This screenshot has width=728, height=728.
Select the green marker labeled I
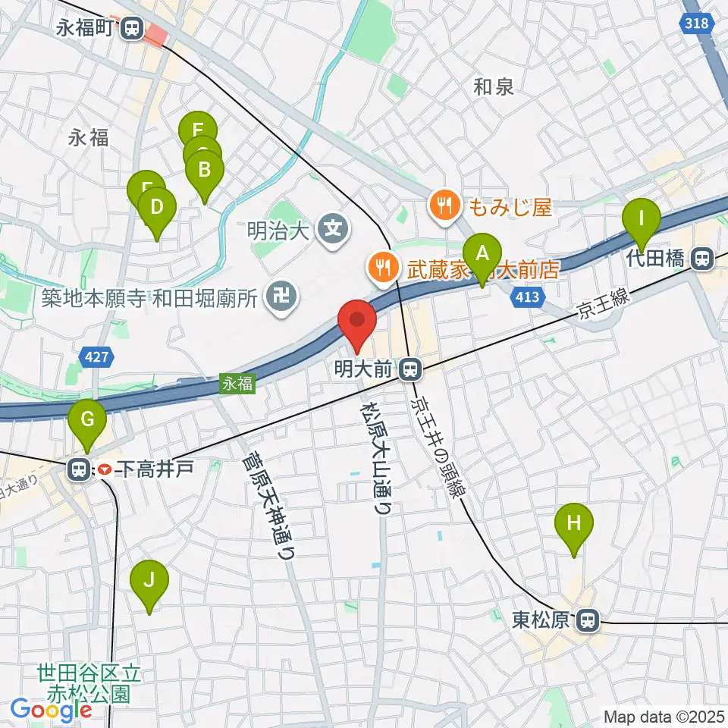pyautogui.click(x=641, y=220)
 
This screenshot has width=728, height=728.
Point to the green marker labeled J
pyautogui.click(x=149, y=582)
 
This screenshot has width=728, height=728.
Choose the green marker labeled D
pyautogui.click(x=157, y=209)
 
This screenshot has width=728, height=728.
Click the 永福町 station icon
pyautogui.click(x=133, y=30)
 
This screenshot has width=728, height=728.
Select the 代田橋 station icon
pyautogui.click(x=703, y=259)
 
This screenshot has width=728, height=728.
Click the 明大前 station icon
pyautogui.click(x=409, y=370)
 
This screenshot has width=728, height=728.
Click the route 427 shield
pyautogui.click(x=96, y=357)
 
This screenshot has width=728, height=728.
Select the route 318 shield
pyautogui.click(x=698, y=24)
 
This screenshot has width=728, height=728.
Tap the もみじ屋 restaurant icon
pyautogui.click(x=443, y=205)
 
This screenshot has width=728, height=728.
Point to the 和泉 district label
pyautogui.click(x=494, y=87)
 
